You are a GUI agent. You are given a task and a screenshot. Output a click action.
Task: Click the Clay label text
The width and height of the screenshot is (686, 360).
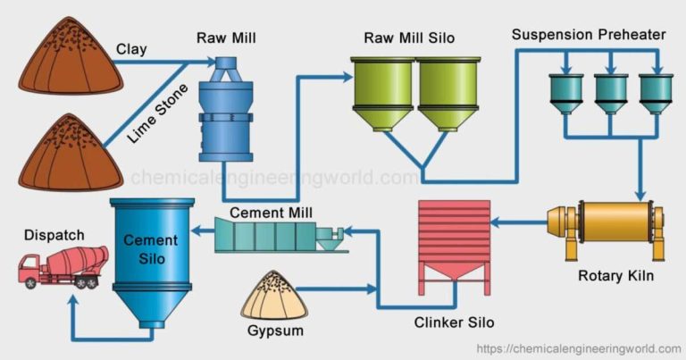point(132,50)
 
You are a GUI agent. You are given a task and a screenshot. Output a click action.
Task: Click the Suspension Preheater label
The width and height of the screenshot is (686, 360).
point(589,34)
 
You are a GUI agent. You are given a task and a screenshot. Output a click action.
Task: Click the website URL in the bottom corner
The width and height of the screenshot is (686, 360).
point(579,348)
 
